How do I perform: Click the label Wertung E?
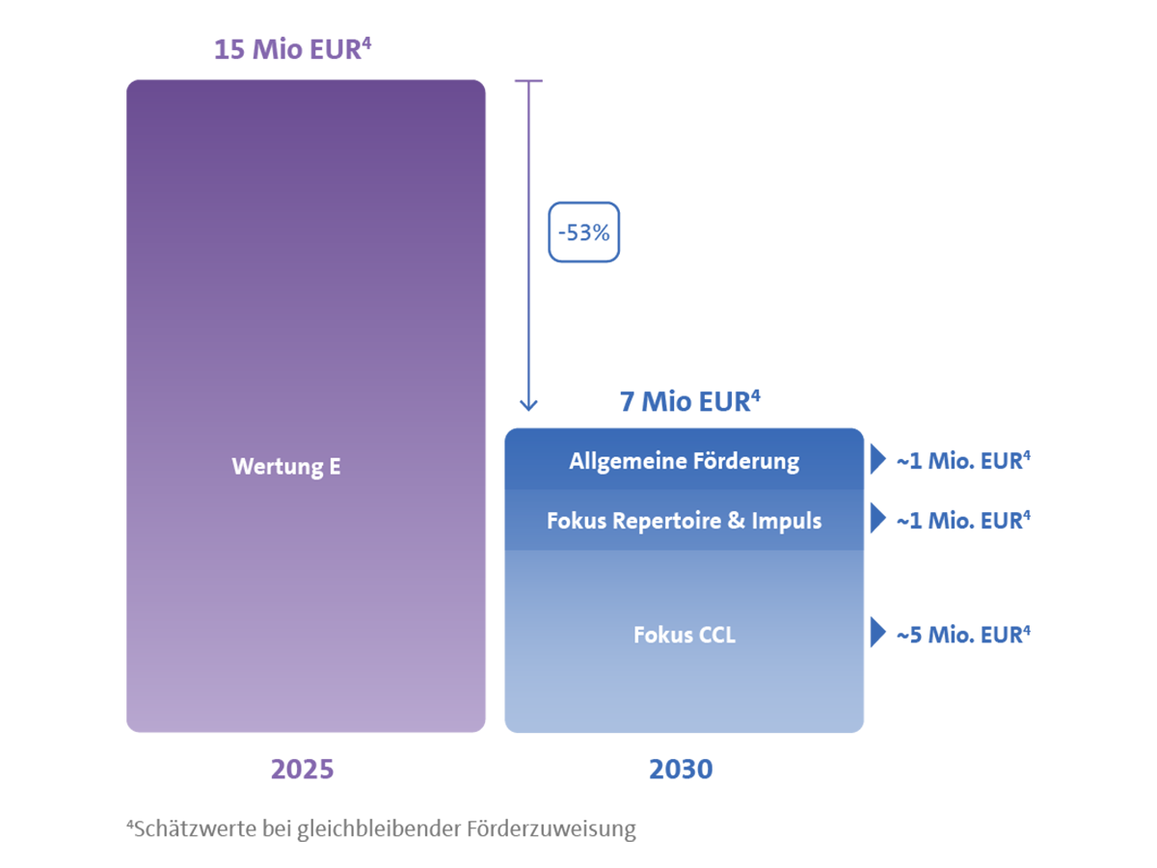(286, 467)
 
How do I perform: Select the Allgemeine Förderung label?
(684, 461)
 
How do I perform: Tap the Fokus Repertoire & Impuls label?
(684, 521)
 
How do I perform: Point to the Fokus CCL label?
(684, 636)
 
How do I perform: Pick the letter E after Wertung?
(335, 467)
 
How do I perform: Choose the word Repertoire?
(659, 521)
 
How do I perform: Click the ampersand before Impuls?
(737, 521)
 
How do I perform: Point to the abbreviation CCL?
(713, 636)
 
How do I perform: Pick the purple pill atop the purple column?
(294, 53)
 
